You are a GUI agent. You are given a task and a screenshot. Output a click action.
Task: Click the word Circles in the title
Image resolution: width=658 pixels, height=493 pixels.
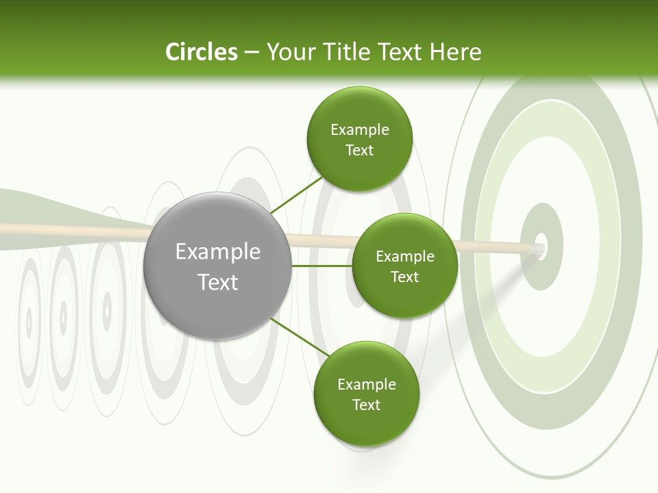tap(201, 52)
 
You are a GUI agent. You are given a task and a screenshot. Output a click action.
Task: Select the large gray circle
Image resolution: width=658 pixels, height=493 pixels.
tap(217, 266)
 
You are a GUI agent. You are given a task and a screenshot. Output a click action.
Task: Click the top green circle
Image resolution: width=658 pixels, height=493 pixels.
tap(359, 139)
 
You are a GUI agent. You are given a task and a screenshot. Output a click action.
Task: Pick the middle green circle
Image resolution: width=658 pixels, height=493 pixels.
tap(404, 266)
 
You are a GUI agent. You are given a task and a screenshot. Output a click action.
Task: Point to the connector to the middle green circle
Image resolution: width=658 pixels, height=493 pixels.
tap(321, 266)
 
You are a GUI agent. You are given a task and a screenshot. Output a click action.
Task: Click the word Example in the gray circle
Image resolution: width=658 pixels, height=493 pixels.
tap(217, 252)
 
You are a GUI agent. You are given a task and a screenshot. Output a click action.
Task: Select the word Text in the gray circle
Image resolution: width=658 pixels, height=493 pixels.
tap(217, 282)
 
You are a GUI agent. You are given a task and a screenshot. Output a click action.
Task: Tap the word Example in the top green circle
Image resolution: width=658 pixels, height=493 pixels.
tap(359, 130)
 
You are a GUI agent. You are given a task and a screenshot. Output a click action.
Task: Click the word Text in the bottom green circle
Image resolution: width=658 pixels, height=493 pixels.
tap(366, 405)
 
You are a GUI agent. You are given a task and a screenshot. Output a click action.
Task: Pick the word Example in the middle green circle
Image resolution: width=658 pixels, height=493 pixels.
tap(404, 257)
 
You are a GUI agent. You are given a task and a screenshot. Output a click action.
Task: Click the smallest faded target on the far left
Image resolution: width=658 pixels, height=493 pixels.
tap(29, 320)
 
